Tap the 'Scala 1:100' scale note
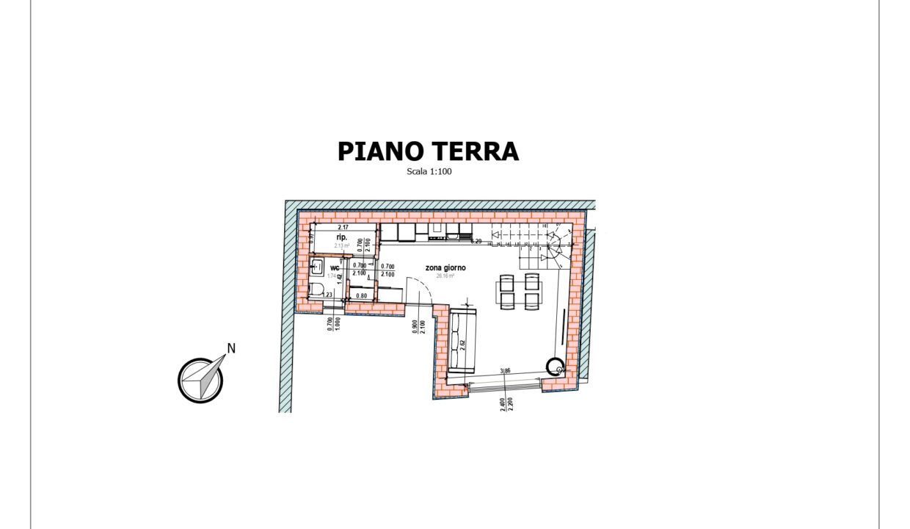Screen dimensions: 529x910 point(430,172)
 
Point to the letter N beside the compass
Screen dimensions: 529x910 point(231,349)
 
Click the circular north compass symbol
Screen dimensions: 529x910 point(200,380)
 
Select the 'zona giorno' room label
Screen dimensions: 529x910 point(445,268)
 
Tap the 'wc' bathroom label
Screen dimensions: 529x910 point(335,267)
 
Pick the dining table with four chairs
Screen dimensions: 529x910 point(520,292)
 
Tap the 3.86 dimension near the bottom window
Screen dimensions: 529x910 point(504,372)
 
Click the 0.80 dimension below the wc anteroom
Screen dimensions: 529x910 point(361,295)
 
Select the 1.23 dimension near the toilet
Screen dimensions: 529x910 point(327,295)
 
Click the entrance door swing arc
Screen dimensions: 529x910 point(421,292)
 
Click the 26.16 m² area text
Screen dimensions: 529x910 point(445,276)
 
